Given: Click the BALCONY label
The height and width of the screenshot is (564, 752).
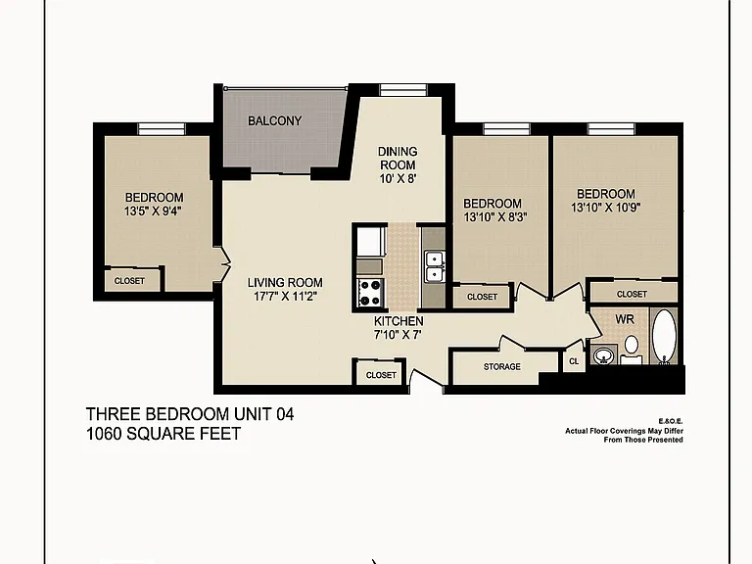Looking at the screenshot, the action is (274, 120).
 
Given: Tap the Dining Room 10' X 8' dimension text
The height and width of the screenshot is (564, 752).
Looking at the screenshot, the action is (399, 179).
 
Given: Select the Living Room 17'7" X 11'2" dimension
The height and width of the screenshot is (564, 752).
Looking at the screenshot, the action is (285, 297).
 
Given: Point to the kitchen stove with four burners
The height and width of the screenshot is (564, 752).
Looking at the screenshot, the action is (370, 293).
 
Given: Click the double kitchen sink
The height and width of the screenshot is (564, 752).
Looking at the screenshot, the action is (435, 266).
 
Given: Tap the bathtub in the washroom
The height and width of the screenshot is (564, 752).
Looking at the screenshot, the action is (664, 337).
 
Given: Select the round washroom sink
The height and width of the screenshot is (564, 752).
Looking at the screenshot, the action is (603, 355).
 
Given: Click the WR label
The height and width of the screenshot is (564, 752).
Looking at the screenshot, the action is (625, 319).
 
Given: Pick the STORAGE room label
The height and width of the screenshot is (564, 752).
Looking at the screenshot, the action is (501, 367).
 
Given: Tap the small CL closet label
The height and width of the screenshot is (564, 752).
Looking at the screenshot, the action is (574, 361).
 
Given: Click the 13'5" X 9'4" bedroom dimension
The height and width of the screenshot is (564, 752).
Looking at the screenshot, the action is (154, 211).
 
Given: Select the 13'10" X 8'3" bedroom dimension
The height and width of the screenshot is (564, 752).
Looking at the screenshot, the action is (495, 217).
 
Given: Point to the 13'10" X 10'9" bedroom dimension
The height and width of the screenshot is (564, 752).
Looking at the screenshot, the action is (606, 208).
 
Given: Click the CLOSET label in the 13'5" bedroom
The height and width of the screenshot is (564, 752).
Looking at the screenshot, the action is (129, 281).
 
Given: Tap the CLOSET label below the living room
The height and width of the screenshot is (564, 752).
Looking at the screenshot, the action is (381, 375).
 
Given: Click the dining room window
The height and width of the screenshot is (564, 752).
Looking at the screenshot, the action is (402, 90).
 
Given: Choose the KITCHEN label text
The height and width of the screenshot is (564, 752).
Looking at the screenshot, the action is (399, 321).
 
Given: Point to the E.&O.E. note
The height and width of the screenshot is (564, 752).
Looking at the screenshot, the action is (671, 421).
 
